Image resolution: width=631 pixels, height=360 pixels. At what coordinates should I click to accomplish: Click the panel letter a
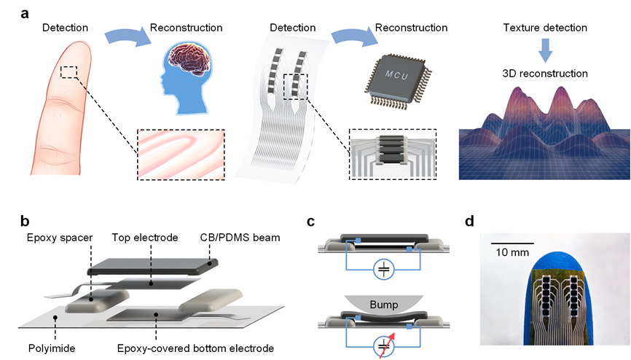(x=26, y=13)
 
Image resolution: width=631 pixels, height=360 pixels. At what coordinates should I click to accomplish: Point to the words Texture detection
(x=545, y=28)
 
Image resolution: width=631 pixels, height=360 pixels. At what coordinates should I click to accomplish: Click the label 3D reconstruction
(x=545, y=74)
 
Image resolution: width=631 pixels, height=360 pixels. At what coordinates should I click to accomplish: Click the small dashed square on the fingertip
(x=69, y=71)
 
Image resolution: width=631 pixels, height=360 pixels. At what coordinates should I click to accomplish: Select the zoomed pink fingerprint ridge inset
(x=181, y=154)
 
